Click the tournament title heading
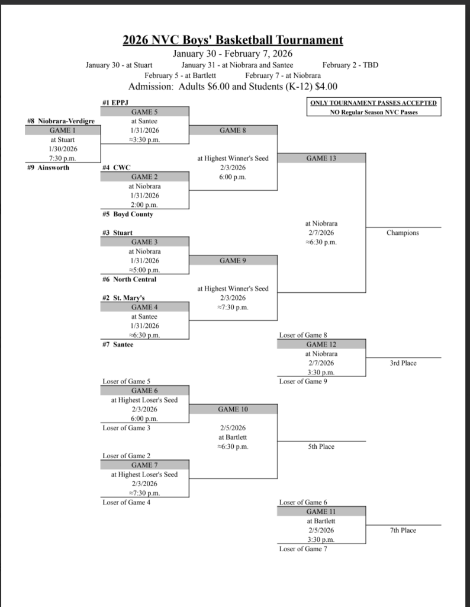point(233,40)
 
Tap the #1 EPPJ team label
point(116,103)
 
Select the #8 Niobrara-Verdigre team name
point(61,121)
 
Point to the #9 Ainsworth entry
point(48,168)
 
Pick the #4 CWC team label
point(117,168)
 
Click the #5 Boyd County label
point(127,214)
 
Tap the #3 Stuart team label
point(117,233)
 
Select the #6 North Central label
point(130,279)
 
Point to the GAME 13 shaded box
point(321,158)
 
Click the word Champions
point(403,233)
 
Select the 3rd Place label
point(403,363)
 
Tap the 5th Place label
point(321,446)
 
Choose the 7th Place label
point(403,530)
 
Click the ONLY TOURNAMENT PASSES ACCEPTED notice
point(374,103)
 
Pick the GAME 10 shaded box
point(233,409)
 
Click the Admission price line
point(233,87)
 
